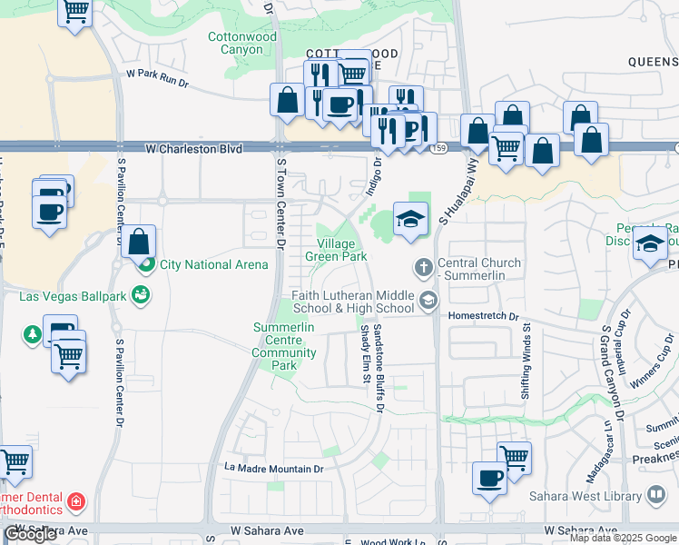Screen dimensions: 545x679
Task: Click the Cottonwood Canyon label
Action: pyautogui.click(x=241, y=44)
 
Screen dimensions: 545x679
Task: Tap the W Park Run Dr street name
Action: pyautogui.click(x=156, y=79)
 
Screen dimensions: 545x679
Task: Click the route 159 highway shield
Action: pyautogui.click(x=438, y=147)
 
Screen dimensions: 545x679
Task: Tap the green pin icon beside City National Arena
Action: pyautogui.click(x=145, y=264)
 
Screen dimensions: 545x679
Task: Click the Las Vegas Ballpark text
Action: pyautogui.click(x=70, y=296)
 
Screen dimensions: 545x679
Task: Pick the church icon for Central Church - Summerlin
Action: pyautogui.click(x=422, y=268)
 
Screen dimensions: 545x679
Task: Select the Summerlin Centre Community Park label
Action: pyautogui.click(x=284, y=345)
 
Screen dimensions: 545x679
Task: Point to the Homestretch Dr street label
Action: pyautogui.click(x=483, y=317)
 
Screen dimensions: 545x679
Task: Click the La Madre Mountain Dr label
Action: pyautogui.click(x=274, y=469)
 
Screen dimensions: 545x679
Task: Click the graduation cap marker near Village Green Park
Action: pyautogui.click(x=410, y=220)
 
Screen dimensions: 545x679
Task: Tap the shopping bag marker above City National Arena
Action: pyautogui.click(x=138, y=242)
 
